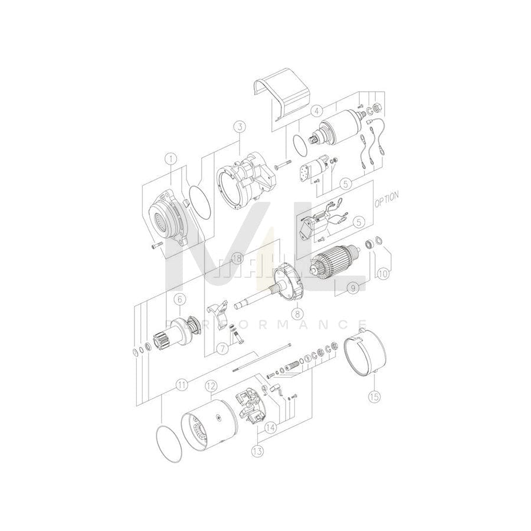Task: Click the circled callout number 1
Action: (171, 158)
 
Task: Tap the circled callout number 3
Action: (239, 126)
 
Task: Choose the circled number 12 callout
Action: (210, 387)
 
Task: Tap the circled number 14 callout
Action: (270, 429)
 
